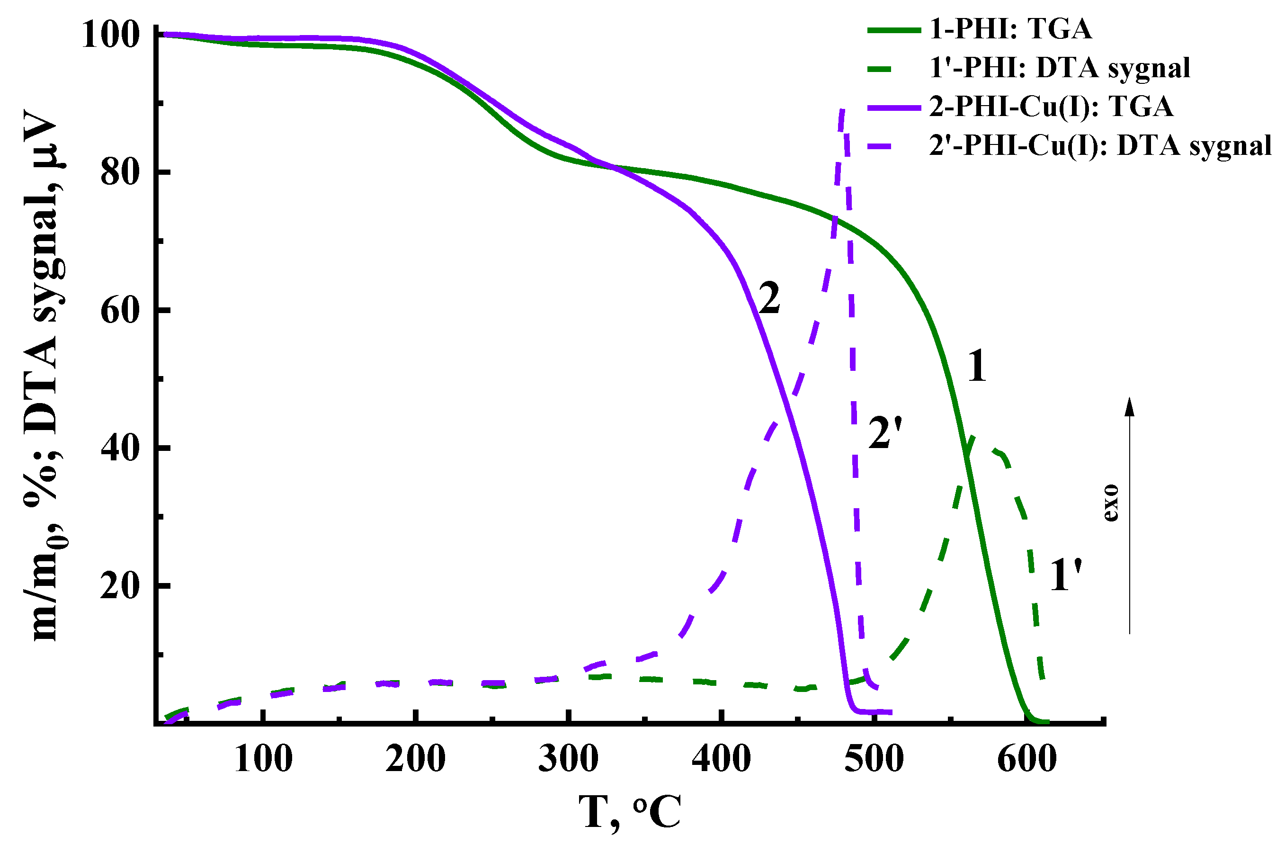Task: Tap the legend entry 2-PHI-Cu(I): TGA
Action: coord(1051,107)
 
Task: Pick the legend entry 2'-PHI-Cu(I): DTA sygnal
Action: coord(1100,146)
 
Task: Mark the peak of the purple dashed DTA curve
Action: coord(843,111)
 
